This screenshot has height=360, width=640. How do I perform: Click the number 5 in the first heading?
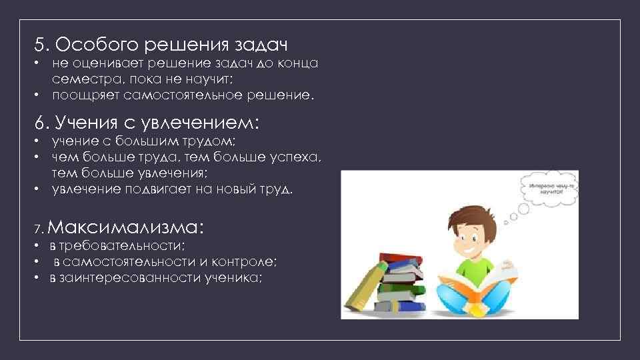41,45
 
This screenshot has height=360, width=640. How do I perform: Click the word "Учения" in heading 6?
83,123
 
